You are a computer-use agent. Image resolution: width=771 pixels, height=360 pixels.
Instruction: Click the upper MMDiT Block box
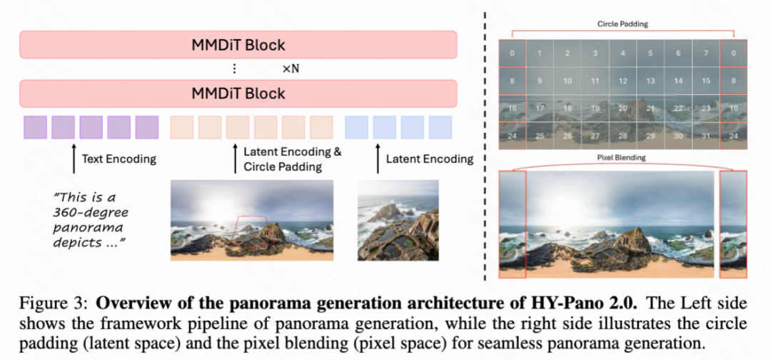pos(238,45)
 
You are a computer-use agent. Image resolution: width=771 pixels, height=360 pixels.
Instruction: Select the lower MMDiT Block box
pos(238,94)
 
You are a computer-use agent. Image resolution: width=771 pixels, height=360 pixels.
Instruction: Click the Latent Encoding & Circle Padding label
pos(293,159)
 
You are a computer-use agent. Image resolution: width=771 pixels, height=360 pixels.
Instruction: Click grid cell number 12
pos(623,81)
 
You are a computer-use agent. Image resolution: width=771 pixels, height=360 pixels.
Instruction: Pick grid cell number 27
pos(595,135)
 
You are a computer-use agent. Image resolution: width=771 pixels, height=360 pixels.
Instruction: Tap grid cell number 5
pos(650,54)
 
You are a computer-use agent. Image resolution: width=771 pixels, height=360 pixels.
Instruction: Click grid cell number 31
pos(705,135)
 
